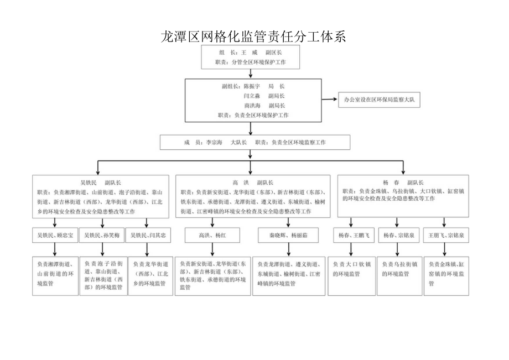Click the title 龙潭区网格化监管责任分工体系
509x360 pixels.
click(253, 37)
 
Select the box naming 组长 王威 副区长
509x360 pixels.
click(251, 57)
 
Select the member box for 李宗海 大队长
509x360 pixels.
click(255, 142)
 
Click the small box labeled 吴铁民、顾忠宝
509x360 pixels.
click(55, 236)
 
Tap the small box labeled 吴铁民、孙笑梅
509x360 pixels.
click(102, 236)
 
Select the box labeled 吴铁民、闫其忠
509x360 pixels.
click(149, 236)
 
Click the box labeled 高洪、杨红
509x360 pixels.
click(212, 236)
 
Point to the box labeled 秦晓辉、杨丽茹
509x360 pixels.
click(288, 236)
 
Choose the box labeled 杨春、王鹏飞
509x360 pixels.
click(350, 236)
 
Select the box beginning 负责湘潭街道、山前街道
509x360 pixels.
click(55, 275)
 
